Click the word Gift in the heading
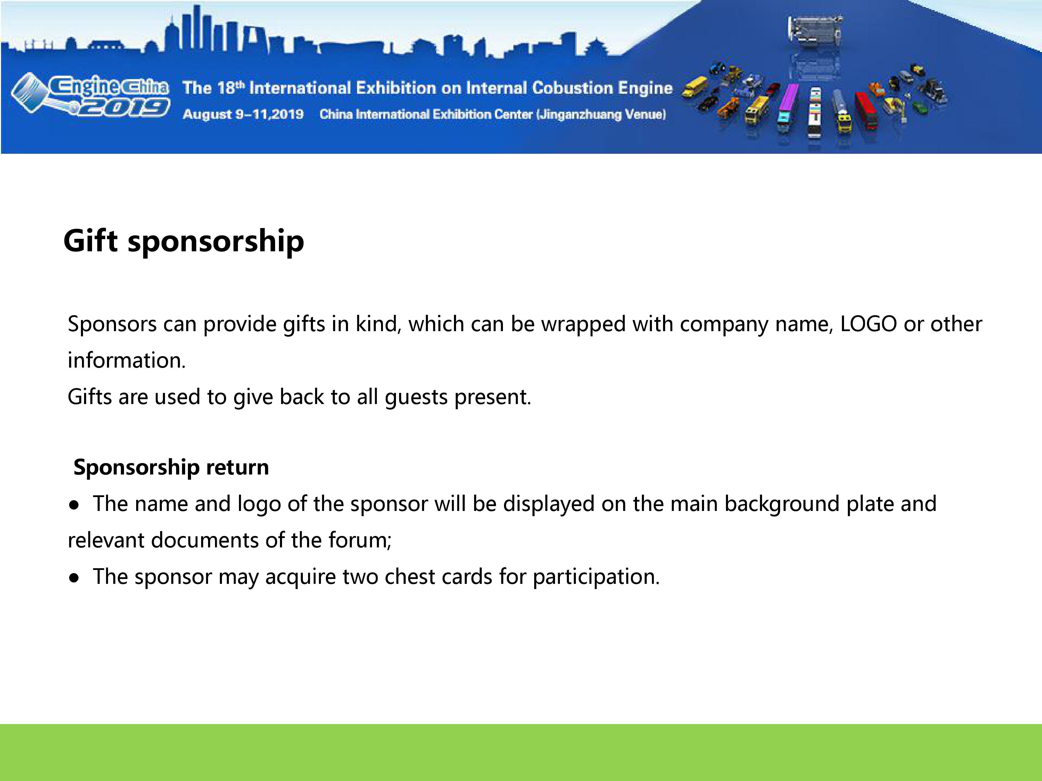tap(90, 241)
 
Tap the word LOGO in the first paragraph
tap(869, 324)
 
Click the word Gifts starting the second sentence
tap(90, 396)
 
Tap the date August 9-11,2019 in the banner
tap(243, 115)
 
